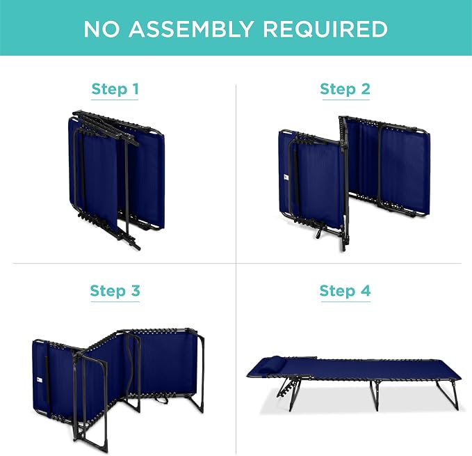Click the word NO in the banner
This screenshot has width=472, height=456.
click(101, 29)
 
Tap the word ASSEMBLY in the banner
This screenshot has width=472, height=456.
click(191, 29)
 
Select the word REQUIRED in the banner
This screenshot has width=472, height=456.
click(325, 29)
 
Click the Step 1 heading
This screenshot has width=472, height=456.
click(115, 89)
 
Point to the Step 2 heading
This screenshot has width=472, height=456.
click(345, 89)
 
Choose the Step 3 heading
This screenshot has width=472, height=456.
click(115, 291)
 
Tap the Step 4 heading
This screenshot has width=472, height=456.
click(345, 291)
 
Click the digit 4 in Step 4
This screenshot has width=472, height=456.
click(366, 290)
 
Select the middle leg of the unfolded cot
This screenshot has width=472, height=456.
click(376, 395)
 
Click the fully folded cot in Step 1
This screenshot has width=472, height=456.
click(117, 178)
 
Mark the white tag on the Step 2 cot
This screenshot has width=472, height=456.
click(286, 178)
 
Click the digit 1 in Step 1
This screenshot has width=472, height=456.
click(136, 89)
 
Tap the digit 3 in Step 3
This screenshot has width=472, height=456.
click(136, 290)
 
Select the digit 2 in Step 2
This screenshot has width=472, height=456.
click(365, 89)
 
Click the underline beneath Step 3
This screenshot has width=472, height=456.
click(115, 301)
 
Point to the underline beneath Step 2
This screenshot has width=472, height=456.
click(345, 100)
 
